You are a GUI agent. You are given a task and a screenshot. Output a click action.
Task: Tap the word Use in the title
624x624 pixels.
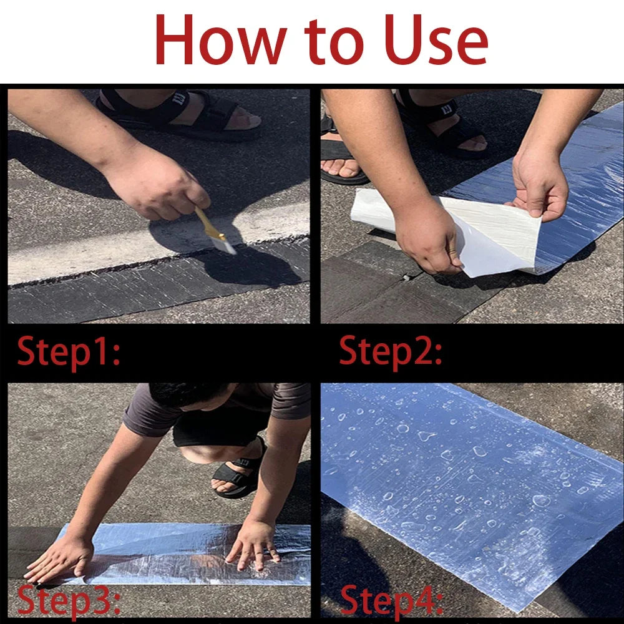(436, 39)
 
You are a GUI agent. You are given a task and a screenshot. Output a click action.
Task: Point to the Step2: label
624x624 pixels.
(391, 351)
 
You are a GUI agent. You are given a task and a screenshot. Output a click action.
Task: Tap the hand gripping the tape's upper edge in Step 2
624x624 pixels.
(539, 185)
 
